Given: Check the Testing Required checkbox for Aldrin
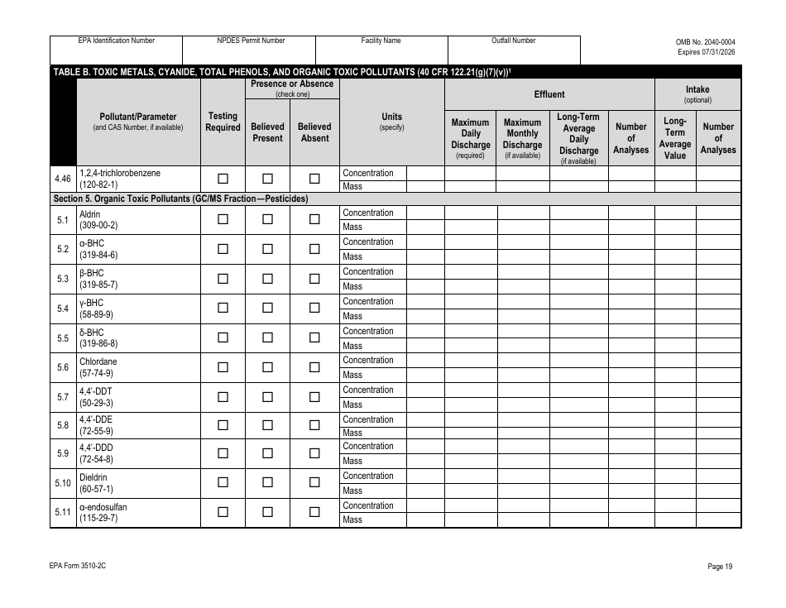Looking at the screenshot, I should point(223,219).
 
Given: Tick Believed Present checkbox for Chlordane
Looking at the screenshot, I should point(267,367).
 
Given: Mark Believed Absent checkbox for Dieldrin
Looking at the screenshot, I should point(314,483).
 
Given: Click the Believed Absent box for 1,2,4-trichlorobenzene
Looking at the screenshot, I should point(314,179).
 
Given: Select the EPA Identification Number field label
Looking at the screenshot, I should point(117,41).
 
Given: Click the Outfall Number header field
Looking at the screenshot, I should point(514,41).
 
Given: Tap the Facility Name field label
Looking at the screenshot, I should point(381,41).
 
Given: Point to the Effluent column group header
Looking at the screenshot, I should point(549,94).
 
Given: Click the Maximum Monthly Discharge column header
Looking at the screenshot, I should point(522,138).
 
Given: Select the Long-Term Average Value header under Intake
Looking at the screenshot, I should point(675,138).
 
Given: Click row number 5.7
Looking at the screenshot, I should point(63,397).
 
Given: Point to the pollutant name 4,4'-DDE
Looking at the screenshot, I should point(93,419).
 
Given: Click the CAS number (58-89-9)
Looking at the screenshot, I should point(96,315).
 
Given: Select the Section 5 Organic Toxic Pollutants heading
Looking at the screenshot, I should point(180,199).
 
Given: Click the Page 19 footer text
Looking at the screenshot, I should point(720,567).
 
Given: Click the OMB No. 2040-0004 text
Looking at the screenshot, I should point(705,41).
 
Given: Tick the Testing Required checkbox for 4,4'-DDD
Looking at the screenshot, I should point(223,453).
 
